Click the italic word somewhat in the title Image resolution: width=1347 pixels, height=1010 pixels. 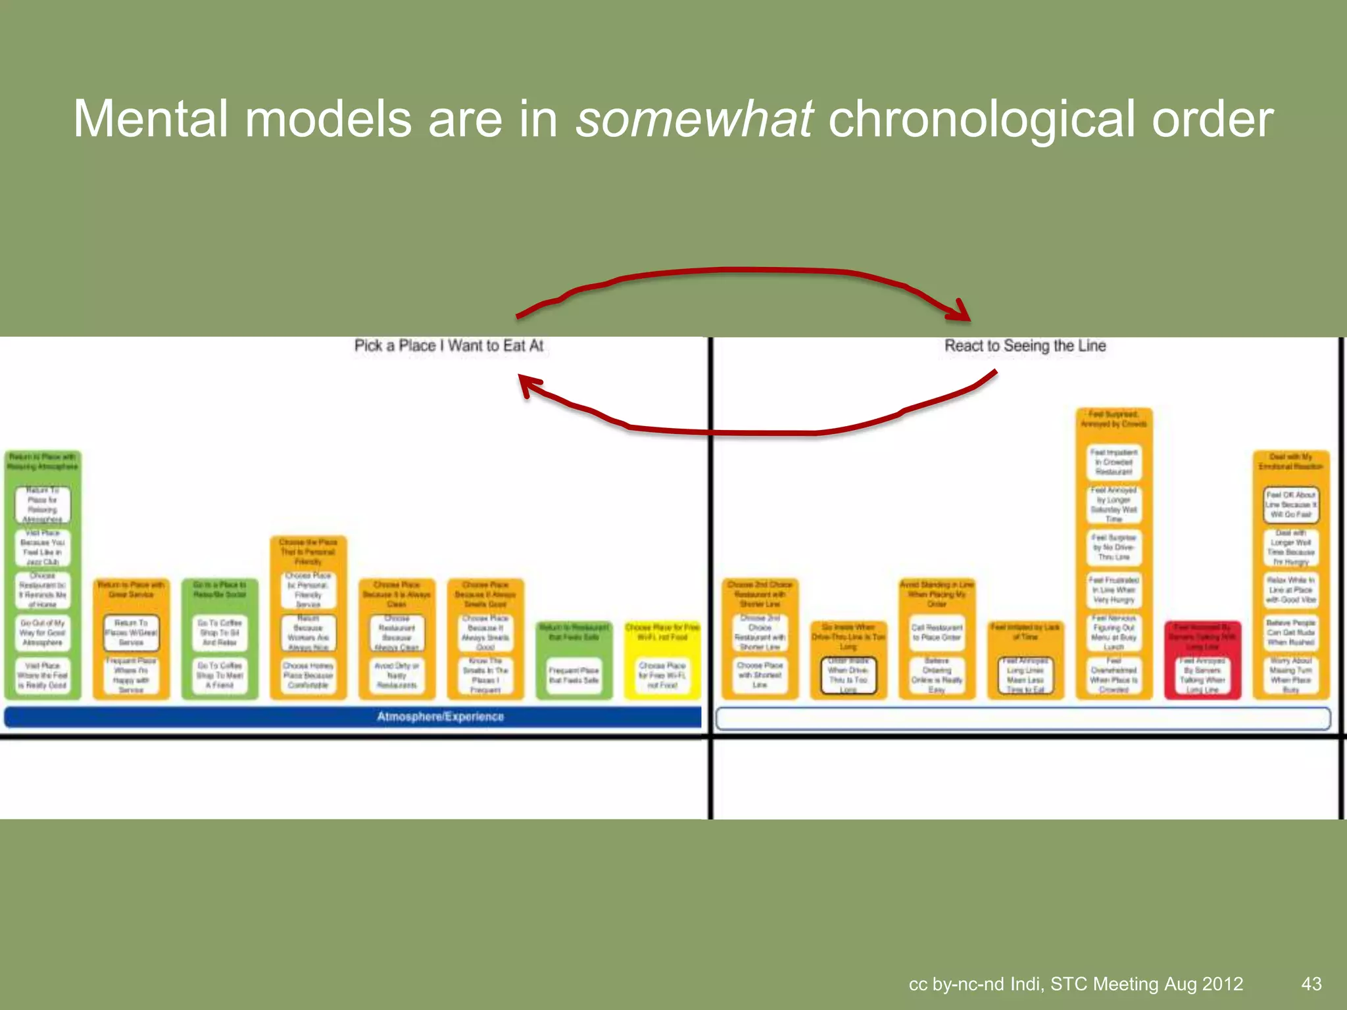694,119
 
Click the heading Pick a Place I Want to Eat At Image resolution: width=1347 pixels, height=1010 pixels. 449,346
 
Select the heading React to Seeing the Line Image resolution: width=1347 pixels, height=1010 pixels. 1025,346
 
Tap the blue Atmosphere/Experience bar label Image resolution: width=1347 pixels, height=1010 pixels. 440,717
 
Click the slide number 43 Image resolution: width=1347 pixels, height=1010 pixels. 1311,984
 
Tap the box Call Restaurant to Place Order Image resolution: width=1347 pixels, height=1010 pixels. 937,633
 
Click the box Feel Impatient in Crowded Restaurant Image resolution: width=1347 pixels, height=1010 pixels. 1114,462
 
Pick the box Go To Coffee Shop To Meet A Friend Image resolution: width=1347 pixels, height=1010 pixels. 220,675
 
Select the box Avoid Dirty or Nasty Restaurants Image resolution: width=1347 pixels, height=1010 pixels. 397,675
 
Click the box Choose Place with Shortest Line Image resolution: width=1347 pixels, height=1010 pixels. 760,675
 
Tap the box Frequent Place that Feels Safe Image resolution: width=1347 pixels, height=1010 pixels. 574,675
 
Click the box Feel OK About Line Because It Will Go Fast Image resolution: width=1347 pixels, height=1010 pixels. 1290,504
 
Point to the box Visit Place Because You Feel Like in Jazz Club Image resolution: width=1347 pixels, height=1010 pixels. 43,548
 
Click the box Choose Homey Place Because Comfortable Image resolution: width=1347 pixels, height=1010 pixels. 308,675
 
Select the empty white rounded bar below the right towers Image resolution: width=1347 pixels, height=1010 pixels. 1023,719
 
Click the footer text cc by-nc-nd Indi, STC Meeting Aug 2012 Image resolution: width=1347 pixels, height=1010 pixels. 1075,984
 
